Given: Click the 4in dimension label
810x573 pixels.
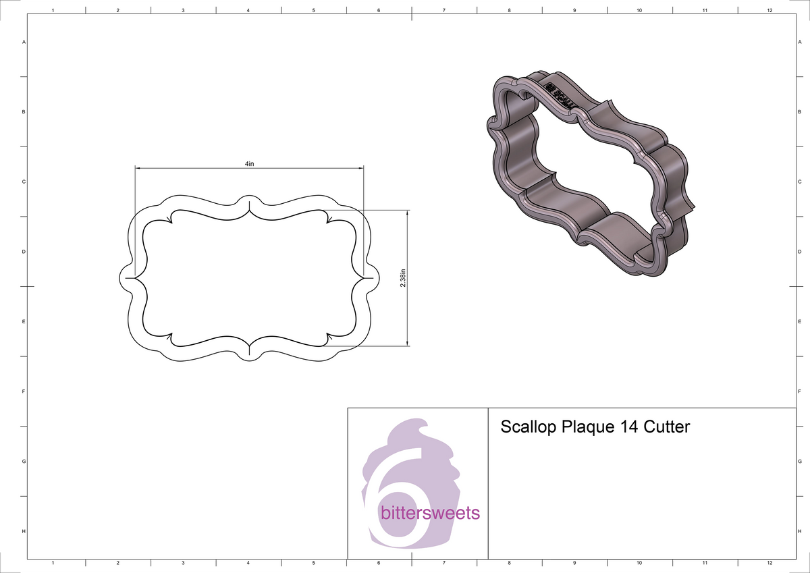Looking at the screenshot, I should coord(249,164).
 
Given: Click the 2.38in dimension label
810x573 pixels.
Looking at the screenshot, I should coord(403,277).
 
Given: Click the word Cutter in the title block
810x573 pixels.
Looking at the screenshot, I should coord(667,427).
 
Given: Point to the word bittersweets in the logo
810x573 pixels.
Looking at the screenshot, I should coord(430,513).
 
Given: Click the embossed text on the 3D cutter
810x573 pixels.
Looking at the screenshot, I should coord(559,95).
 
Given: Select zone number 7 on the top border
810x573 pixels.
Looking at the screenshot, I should coord(443,11).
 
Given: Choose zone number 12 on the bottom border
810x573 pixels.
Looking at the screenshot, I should coord(769,562).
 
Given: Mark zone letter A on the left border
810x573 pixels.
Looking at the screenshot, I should coord(24,42).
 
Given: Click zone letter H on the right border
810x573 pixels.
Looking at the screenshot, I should coord(799,532).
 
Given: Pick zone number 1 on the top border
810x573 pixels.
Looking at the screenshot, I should coord(53,11).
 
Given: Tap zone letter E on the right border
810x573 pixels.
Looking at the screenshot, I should coord(799,322).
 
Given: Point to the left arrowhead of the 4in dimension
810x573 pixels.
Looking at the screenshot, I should coord(138,167).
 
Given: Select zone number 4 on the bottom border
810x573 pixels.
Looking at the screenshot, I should coord(248,562).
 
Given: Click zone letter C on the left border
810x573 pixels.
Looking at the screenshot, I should coord(24,182).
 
